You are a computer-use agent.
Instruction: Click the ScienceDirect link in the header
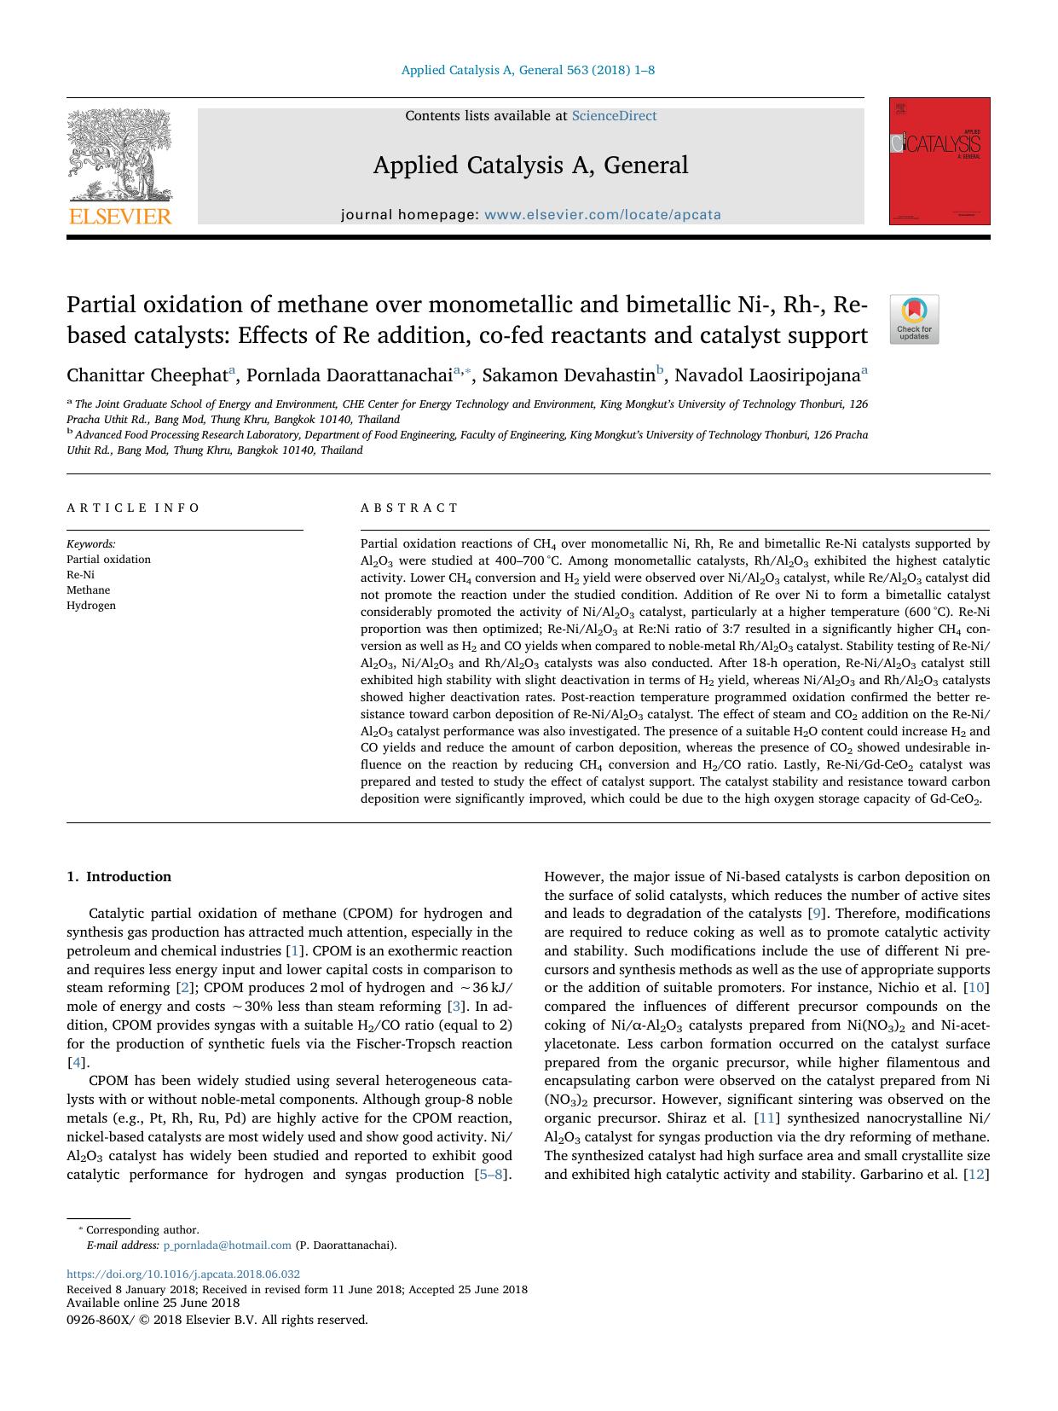tap(614, 116)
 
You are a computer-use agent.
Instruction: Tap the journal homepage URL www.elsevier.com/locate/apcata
tap(602, 215)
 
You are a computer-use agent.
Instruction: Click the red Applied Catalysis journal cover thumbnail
tap(939, 161)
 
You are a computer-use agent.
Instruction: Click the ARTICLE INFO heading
tap(133, 508)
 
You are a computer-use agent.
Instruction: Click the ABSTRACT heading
tap(409, 508)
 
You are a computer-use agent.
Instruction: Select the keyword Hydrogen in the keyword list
tap(91, 606)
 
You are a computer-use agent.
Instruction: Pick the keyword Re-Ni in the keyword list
tap(81, 575)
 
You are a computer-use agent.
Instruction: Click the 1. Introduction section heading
tap(119, 877)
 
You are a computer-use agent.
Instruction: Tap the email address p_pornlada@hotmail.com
tap(227, 1246)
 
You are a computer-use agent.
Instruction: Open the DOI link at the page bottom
tap(183, 1275)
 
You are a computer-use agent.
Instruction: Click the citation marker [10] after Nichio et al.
tap(975, 988)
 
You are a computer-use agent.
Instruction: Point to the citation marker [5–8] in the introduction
tap(491, 1175)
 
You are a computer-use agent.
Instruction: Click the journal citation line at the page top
tap(528, 70)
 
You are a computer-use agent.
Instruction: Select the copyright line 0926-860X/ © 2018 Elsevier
tap(217, 1320)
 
